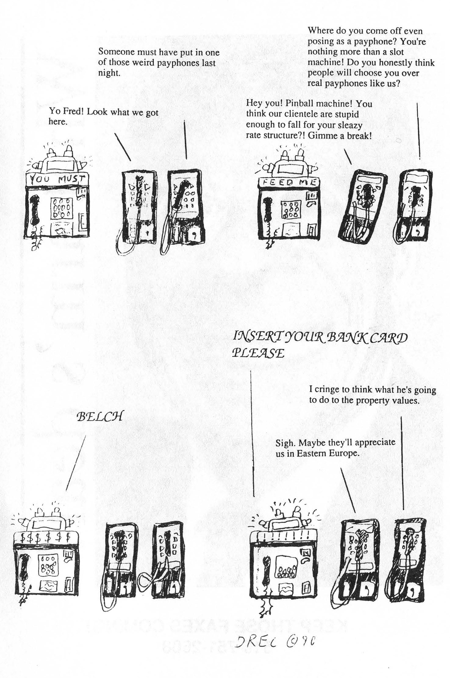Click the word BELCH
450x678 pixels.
pos(100,416)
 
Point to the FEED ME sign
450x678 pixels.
pos(288,182)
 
